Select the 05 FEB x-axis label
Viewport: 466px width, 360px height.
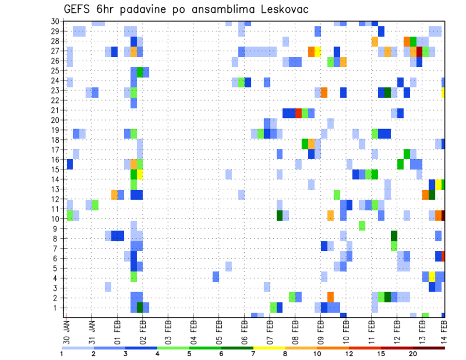(x=219, y=328)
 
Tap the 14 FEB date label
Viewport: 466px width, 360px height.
(x=443, y=328)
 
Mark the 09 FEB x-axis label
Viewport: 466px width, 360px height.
(x=320, y=328)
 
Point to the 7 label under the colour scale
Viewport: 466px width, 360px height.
(x=253, y=354)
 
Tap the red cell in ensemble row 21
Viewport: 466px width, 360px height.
(x=299, y=113)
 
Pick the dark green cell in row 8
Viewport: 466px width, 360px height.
(x=394, y=236)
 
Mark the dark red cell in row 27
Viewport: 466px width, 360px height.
(x=419, y=51)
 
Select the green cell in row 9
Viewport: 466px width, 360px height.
(x=362, y=226)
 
